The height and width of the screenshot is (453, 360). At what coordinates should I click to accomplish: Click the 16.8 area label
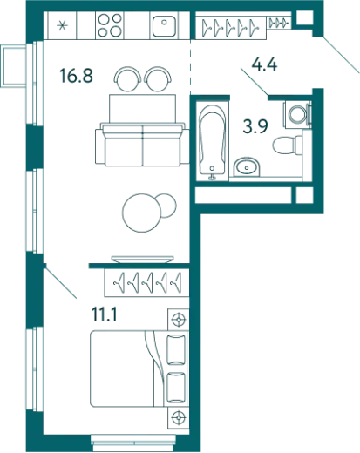tap(76, 75)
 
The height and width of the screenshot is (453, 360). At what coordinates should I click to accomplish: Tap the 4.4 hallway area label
tap(264, 64)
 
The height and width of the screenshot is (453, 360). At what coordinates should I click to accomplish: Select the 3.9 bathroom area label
tap(255, 126)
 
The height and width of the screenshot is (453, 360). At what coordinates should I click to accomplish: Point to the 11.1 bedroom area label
tap(105, 314)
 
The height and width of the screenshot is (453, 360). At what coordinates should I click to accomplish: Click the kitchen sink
tap(164, 26)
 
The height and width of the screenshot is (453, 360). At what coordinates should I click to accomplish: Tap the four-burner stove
tap(110, 25)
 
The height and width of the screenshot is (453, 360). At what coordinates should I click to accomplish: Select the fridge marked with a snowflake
tap(62, 25)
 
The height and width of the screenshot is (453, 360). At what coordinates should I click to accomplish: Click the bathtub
tap(213, 141)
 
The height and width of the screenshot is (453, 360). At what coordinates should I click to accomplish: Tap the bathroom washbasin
tap(247, 167)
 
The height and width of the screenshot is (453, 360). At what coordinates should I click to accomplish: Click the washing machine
tap(298, 114)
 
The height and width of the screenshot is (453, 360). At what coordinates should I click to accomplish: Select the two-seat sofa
tap(142, 145)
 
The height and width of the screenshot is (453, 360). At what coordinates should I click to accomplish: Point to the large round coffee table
tap(142, 213)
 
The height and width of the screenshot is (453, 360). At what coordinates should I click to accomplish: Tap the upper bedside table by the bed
tap(178, 320)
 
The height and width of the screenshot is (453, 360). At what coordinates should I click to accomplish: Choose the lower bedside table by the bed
tap(178, 417)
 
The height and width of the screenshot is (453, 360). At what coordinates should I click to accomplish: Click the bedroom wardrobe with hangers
tap(146, 282)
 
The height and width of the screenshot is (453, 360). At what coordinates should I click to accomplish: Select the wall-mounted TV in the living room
tap(142, 259)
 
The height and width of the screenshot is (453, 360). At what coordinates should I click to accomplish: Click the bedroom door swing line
tap(60, 282)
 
